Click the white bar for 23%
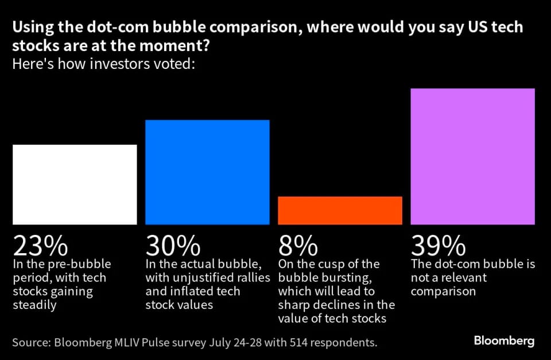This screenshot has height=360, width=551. tap(75, 184)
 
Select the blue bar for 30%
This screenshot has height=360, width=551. tap(207, 172)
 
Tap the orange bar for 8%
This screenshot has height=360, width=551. tap(340, 210)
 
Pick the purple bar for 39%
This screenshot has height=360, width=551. tap(472, 156)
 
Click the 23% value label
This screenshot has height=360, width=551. tap(40, 246)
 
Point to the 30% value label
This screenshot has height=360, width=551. tap(173, 246)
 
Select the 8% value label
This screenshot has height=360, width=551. tap(298, 246)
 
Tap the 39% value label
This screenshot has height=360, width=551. tap(438, 246)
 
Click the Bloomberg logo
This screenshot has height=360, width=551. tap(504, 341)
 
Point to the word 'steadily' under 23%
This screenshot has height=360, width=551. tap(35, 305)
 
